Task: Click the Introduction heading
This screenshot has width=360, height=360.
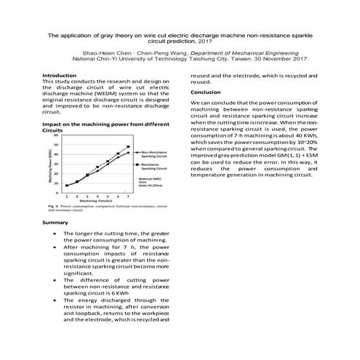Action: (60, 75)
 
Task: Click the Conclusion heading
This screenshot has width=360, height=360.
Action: (206, 92)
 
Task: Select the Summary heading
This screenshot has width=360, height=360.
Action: (56, 221)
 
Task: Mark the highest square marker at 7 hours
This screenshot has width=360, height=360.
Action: (128, 146)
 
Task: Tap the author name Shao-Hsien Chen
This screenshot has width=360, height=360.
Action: (108, 54)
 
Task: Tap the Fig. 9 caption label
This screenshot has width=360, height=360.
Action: (50, 206)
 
